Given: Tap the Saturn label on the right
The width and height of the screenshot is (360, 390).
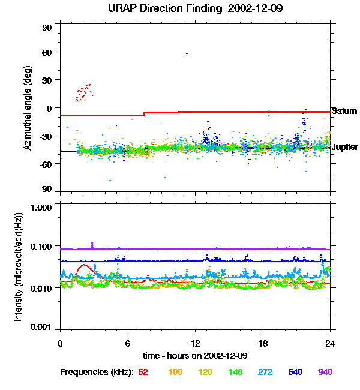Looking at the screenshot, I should (x=344, y=111).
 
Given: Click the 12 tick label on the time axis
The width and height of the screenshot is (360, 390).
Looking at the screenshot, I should (x=195, y=343).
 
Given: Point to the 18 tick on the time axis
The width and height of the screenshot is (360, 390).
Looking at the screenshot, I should (x=263, y=343).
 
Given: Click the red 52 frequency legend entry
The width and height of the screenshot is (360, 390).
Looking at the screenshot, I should (x=143, y=372).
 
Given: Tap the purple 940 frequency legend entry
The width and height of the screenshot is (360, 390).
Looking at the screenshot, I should (x=325, y=372).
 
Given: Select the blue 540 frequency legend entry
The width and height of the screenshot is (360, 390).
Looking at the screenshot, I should (x=295, y=372).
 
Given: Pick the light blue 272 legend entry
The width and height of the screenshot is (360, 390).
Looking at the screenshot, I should (x=265, y=372).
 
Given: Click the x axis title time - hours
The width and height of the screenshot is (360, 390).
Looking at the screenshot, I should (x=196, y=356).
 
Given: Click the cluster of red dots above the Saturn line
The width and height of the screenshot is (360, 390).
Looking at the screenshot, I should (x=83, y=92).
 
